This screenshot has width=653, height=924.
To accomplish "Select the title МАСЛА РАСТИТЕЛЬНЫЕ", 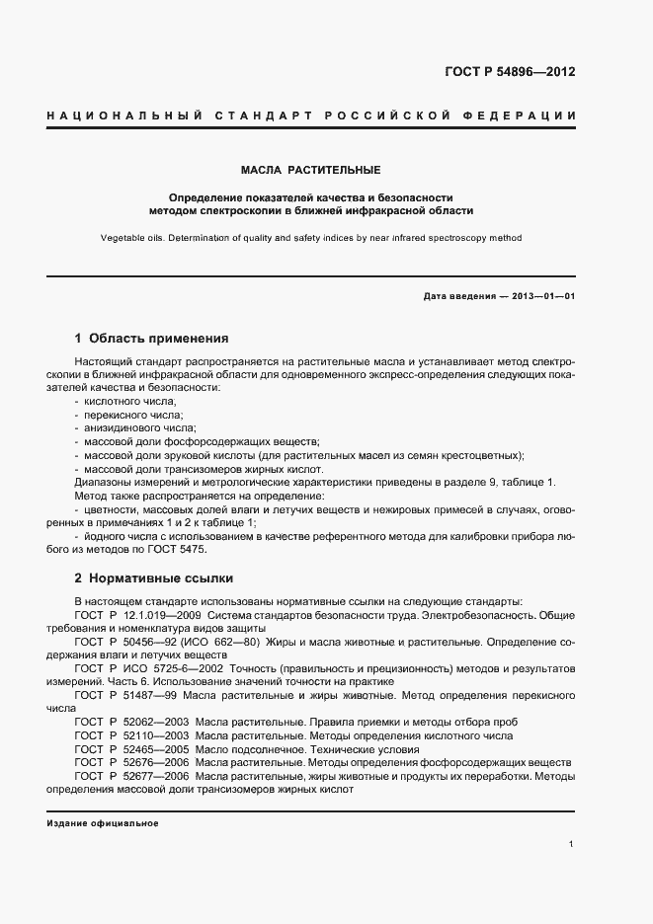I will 311,170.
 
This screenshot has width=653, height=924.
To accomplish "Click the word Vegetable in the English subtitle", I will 123,238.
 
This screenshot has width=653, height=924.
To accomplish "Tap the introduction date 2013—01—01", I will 538,296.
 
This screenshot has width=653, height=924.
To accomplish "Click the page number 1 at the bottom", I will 572,843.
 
